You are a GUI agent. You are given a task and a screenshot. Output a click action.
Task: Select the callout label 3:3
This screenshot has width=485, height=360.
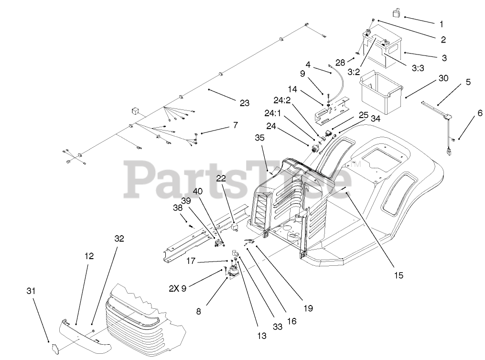coord(417,68)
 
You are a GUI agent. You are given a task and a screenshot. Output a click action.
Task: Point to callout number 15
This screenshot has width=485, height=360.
coord(399,275)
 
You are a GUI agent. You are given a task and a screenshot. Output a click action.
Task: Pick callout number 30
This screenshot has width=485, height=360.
coord(443,79)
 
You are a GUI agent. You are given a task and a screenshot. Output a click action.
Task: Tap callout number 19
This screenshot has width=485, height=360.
coord(308,308)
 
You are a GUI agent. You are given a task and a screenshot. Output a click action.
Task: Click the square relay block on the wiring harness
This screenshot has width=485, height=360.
coord(135,110)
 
